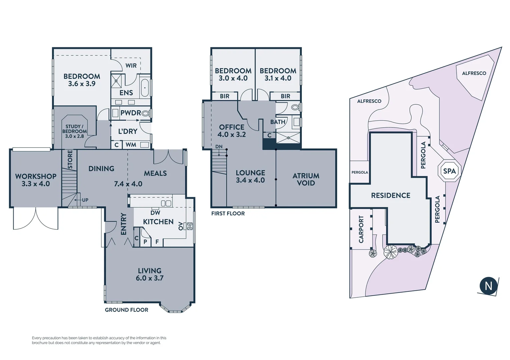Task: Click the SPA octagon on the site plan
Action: [x=449, y=171]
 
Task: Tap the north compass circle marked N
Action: [x=488, y=286]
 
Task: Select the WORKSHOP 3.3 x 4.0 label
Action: [x=36, y=180]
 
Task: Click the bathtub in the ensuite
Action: [x=145, y=88]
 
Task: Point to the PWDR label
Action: [x=130, y=113]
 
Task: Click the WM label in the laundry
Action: [x=131, y=145]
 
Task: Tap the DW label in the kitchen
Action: [x=155, y=213]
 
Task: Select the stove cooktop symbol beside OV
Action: [x=190, y=226]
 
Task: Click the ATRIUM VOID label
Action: [x=306, y=179]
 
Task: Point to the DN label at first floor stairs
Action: [x=219, y=147]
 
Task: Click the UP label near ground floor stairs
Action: [x=85, y=200]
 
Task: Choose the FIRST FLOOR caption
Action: [x=228, y=214]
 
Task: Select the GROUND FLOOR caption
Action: [x=126, y=310]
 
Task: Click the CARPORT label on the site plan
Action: [x=361, y=229]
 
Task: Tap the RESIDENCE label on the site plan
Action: [x=391, y=195]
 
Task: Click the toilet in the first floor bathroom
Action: [x=295, y=107]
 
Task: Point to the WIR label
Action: [x=131, y=66]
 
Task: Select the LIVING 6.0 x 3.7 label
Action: [x=149, y=274]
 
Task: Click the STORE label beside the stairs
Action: [x=70, y=159]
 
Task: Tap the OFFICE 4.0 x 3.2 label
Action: [x=231, y=131]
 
